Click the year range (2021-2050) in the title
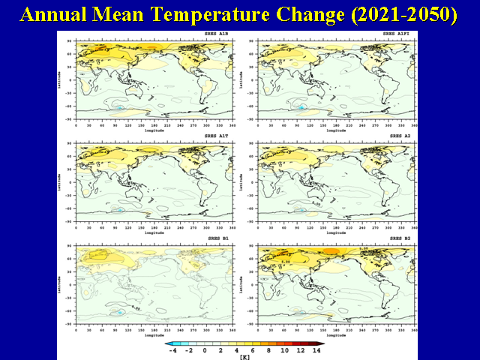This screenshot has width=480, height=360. point(398,14)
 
